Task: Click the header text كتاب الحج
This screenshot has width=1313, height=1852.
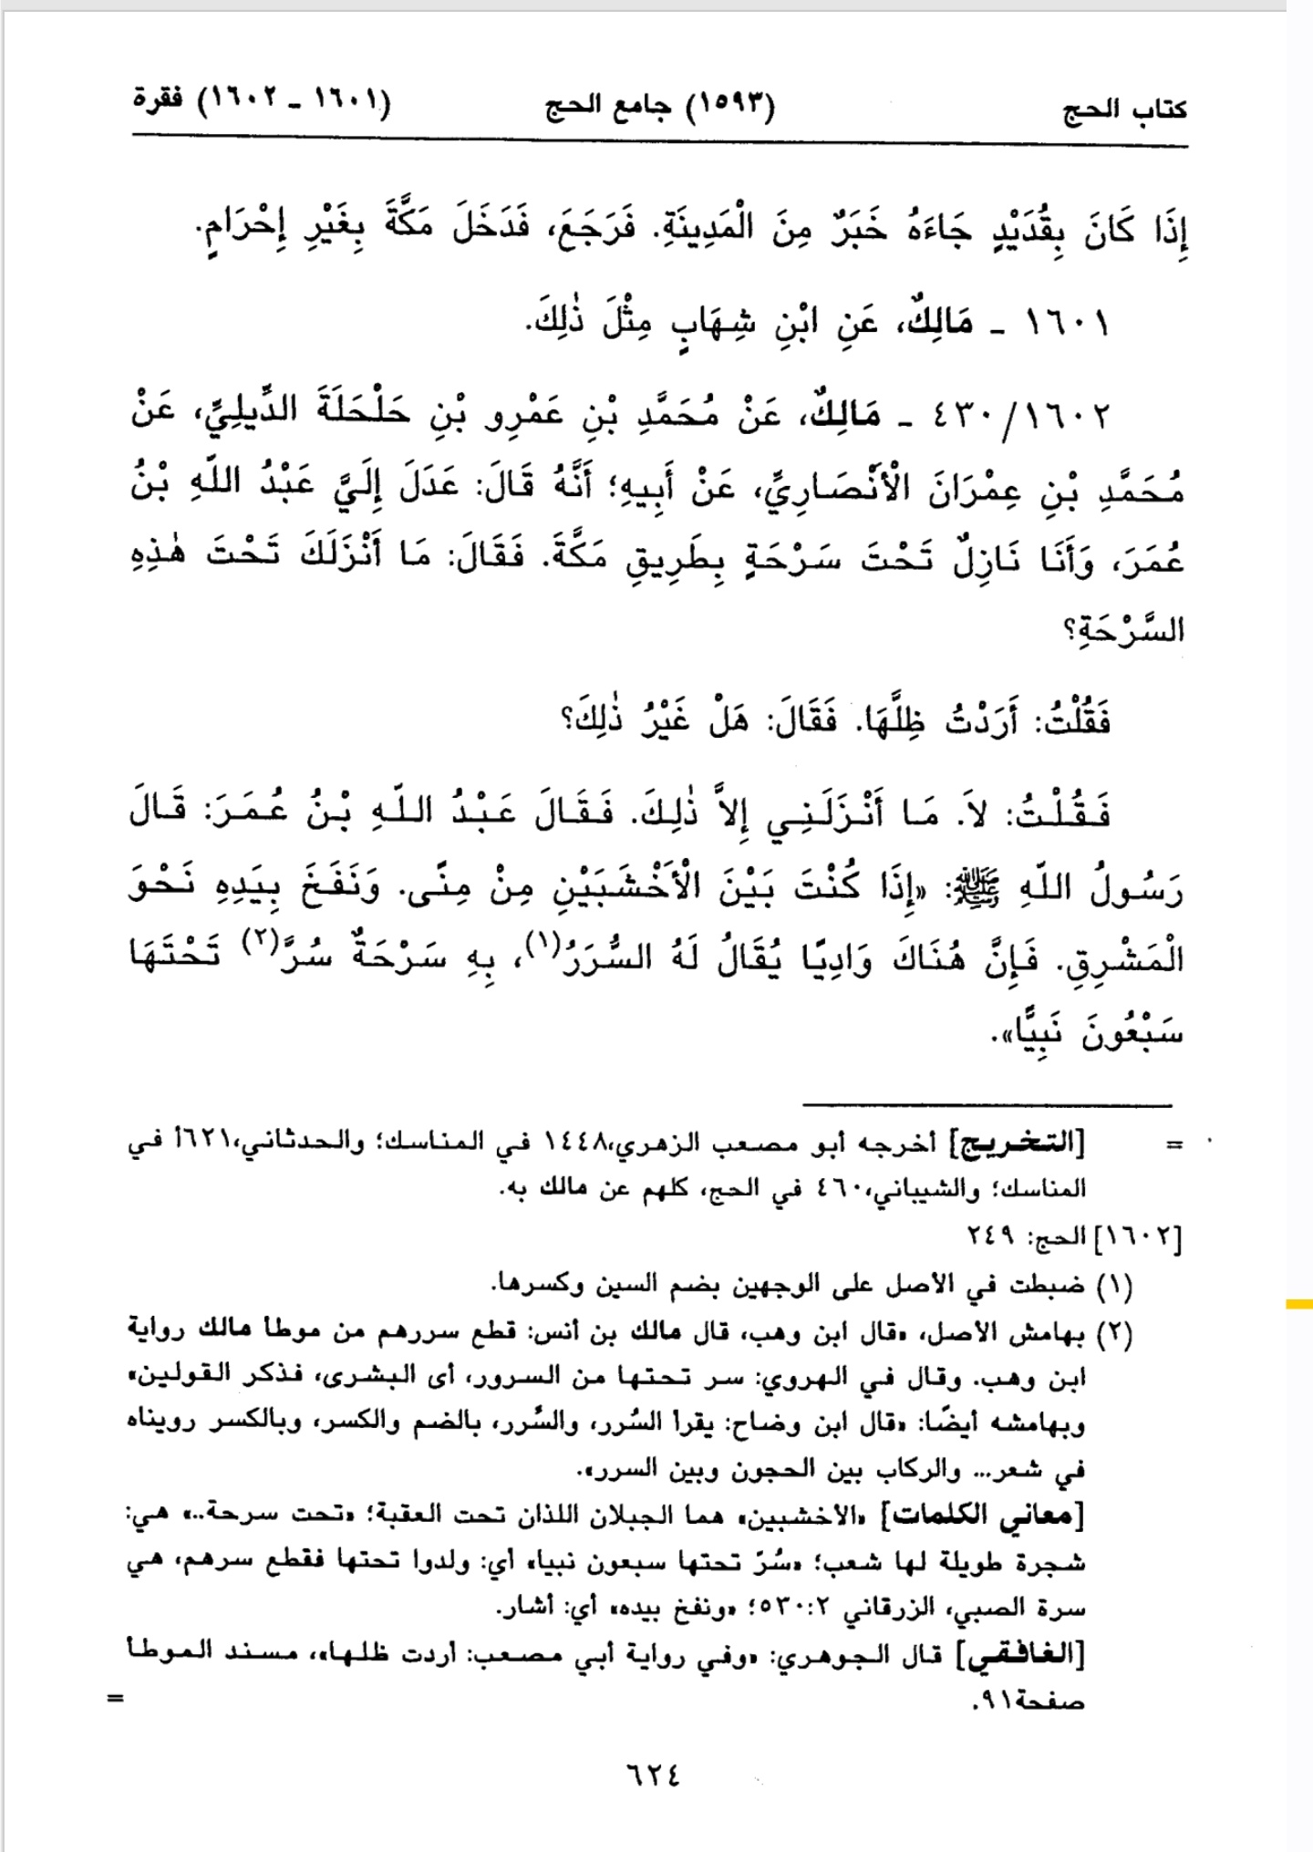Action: [1125, 111]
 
